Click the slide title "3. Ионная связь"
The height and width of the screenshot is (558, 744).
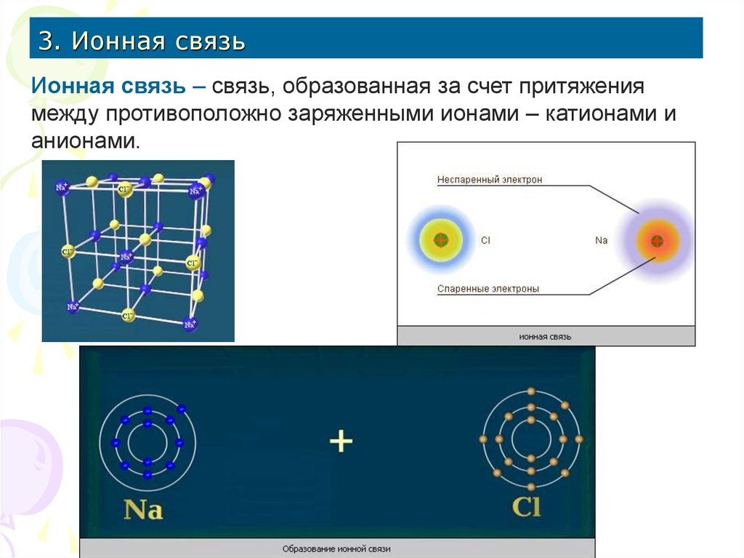pyautogui.click(x=142, y=40)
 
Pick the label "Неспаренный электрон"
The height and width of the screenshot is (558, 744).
pyautogui.click(x=489, y=180)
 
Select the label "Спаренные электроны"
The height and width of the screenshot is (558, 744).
pyautogui.click(x=488, y=289)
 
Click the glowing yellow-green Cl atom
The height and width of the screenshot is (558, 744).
pyautogui.click(x=440, y=239)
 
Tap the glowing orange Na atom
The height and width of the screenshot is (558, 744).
pyautogui.click(x=657, y=240)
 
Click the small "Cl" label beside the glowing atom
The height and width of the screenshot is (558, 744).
pyautogui.click(x=485, y=239)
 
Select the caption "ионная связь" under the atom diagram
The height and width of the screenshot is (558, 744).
pyautogui.click(x=545, y=338)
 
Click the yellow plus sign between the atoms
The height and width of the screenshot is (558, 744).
pyautogui.click(x=341, y=441)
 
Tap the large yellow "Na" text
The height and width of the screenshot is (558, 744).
pyautogui.click(x=143, y=508)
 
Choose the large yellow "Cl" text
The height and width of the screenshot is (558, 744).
pyautogui.click(x=526, y=506)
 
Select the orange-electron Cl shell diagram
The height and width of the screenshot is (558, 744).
pyautogui.click(x=532, y=439)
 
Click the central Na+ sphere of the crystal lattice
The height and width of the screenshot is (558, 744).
pyautogui.click(x=126, y=257)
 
